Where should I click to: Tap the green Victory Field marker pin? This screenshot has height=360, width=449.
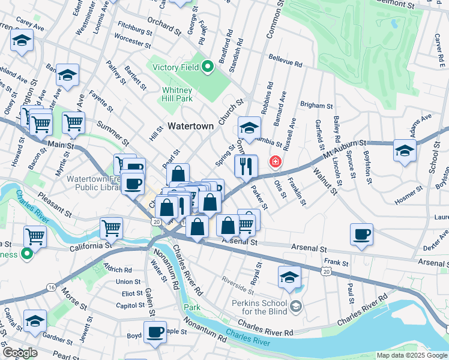208,67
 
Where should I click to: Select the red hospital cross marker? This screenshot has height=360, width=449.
276,161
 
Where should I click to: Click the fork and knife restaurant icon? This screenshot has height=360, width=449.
246,166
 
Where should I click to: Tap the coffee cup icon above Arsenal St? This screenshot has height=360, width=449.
361,235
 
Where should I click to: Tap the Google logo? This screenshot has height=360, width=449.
19,353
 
